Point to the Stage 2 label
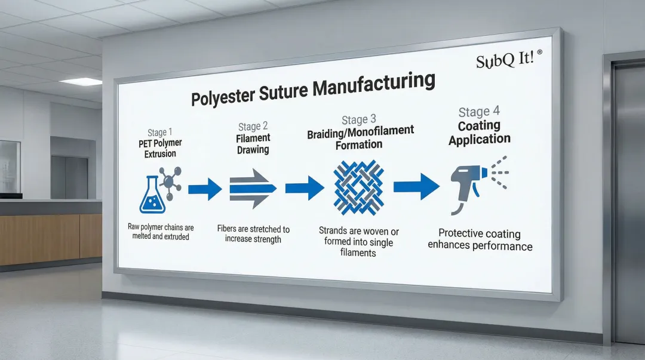click(x=253, y=126)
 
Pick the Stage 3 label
click(x=360, y=119)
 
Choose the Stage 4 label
click(x=479, y=112)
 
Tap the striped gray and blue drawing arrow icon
click(x=253, y=188)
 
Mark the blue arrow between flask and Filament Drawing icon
click(x=204, y=189)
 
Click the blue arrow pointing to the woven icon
click(x=305, y=188)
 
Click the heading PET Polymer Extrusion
click(x=161, y=149)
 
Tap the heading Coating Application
click(x=480, y=133)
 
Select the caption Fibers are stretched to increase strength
click(x=253, y=234)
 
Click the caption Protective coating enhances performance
click(x=480, y=239)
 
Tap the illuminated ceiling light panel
click(x=81, y=81)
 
